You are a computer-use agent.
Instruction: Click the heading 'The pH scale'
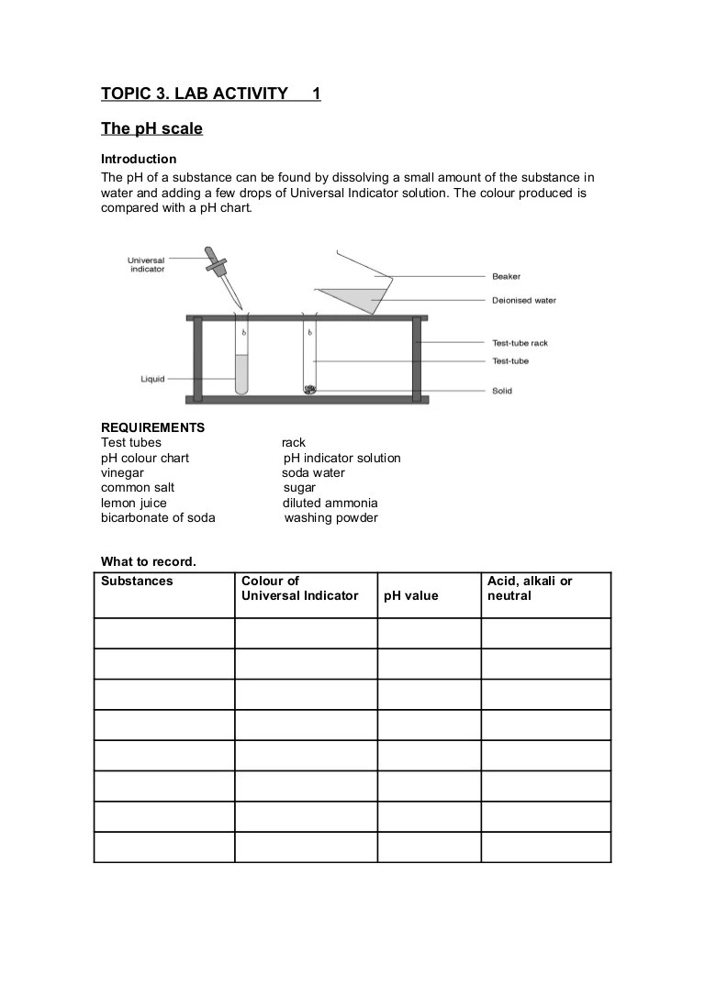pyautogui.click(x=151, y=129)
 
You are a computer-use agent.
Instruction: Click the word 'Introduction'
pyautogui.click(x=139, y=160)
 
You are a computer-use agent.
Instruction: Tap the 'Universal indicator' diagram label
pyautogui.click(x=146, y=265)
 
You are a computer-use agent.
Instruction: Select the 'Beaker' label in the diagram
pyautogui.click(x=506, y=276)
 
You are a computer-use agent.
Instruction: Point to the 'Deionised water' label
pyautogui.click(x=523, y=300)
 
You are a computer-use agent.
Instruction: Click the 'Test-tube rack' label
pyautogui.click(x=520, y=343)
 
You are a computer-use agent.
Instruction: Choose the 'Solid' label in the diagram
pyautogui.click(x=502, y=391)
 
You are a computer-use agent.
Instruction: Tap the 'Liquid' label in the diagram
pyautogui.click(x=152, y=379)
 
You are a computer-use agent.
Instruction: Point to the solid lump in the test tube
pyautogui.click(x=310, y=390)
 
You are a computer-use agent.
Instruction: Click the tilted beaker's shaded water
pyautogui.click(x=358, y=298)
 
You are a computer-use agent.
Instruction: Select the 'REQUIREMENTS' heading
pyautogui.click(x=152, y=427)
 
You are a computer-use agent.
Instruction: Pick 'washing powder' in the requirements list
pyautogui.click(x=330, y=518)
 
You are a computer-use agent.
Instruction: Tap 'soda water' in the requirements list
pyautogui.click(x=313, y=473)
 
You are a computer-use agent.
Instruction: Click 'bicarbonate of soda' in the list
pyautogui.click(x=158, y=518)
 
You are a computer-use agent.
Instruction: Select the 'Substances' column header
pyautogui.click(x=137, y=582)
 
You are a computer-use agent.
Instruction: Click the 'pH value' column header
pyautogui.click(x=411, y=596)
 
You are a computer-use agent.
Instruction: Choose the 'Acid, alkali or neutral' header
pyautogui.click(x=529, y=588)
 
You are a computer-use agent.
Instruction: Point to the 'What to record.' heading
pyautogui.click(x=148, y=561)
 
